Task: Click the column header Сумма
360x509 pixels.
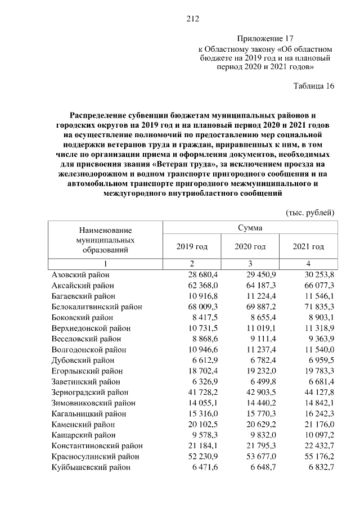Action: pyautogui.click(x=250, y=228)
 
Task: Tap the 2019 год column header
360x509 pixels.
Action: pyautogui.click(x=192, y=246)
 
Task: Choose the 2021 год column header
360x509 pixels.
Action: pyautogui.click(x=308, y=246)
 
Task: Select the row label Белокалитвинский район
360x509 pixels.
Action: pyautogui.click(x=97, y=307)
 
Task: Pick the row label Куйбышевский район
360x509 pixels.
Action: pyautogui.click(x=91, y=467)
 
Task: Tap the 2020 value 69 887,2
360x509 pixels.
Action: pyautogui.click(x=260, y=307)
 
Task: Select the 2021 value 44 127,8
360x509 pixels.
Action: pyautogui.click(x=318, y=392)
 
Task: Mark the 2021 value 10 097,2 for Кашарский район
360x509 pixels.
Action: pyautogui.click(x=318, y=435)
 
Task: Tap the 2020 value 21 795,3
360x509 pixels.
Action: pyautogui.click(x=260, y=446)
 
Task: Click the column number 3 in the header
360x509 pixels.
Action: pyautogui.click(x=250, y=264)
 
